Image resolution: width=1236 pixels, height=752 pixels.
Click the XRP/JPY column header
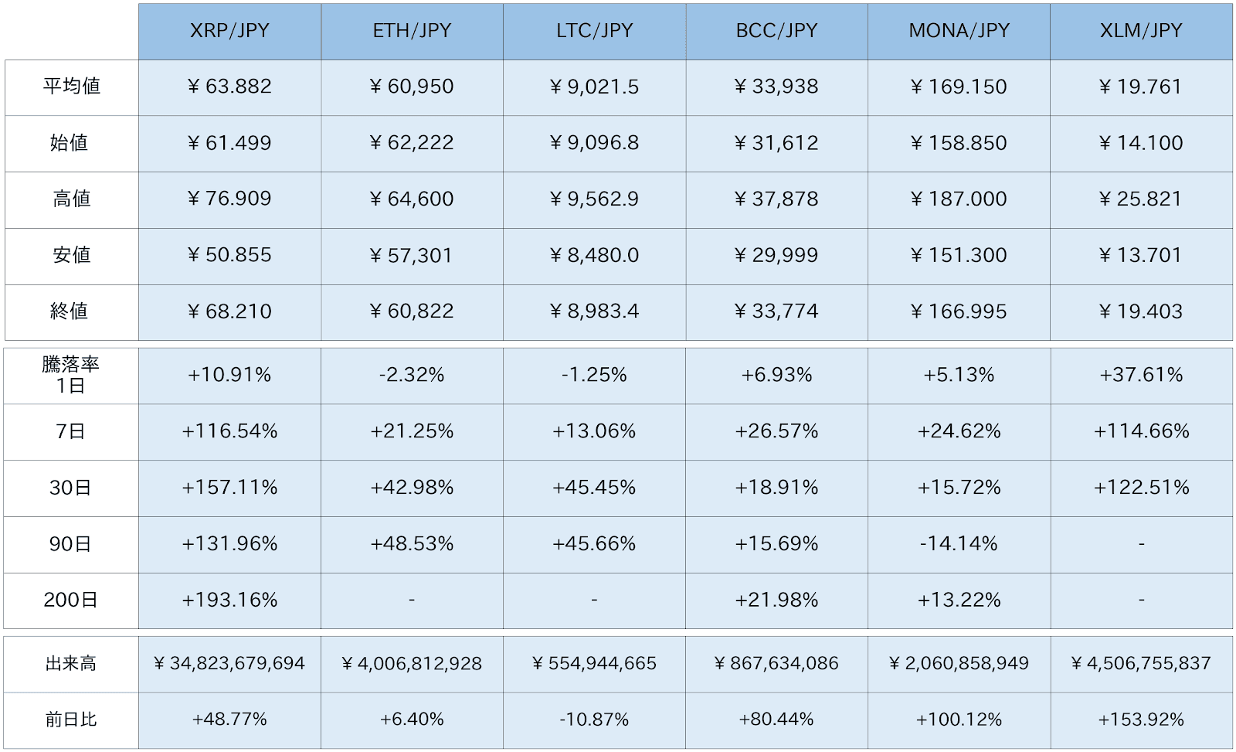(229, 31)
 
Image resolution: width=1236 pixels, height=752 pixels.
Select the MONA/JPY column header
(959, 31)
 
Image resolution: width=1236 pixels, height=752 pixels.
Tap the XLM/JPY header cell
(1141, 31)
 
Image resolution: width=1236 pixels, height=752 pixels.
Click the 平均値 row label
(72, 87)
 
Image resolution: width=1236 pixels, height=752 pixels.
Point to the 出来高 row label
(71, 664)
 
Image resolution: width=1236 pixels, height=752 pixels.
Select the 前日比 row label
(71, 720)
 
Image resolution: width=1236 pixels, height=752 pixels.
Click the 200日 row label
(71, 600)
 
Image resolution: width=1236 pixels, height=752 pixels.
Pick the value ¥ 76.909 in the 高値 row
(229, 199)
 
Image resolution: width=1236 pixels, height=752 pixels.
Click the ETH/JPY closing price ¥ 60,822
(412, 311)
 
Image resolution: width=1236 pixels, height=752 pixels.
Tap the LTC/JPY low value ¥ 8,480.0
(594, 255)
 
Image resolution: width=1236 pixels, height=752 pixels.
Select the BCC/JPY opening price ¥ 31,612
(776, 143)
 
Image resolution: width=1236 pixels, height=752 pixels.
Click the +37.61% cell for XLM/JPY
(1141, 375)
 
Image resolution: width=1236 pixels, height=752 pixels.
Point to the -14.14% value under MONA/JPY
(959, 544)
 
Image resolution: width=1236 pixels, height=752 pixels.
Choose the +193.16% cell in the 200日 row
(229, 600)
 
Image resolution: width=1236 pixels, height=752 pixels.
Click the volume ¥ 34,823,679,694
(229, 664)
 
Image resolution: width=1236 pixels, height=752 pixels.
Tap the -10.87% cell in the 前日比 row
(594, 720)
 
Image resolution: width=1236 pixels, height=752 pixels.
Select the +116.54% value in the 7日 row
(229, 431)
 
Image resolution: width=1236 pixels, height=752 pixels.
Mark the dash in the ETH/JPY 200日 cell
(412, 600)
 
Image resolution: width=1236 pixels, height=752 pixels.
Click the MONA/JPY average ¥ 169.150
(959, 87)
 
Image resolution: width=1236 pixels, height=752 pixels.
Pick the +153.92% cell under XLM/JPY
(1141, 720)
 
